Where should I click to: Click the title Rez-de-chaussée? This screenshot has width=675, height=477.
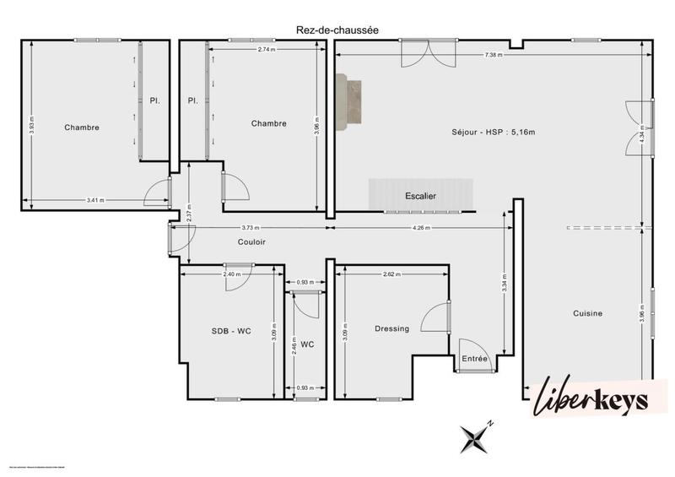pos(337,30)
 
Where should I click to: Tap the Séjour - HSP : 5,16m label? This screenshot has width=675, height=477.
pos(494,132)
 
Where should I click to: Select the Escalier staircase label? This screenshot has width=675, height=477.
pos(420,196)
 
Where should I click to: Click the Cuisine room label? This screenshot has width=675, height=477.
pos(587,313)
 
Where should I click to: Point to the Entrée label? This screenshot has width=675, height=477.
pos(475,359)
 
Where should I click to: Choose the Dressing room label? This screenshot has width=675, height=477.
pos(391,328)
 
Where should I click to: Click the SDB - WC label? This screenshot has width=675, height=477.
pos(231,331)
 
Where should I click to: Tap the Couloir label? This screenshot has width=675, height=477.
pos(251,241)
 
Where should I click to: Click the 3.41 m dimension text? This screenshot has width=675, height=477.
pos(96,201)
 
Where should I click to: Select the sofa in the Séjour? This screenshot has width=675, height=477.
pos(348,101)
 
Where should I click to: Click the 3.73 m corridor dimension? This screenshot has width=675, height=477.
pos(251,228)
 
